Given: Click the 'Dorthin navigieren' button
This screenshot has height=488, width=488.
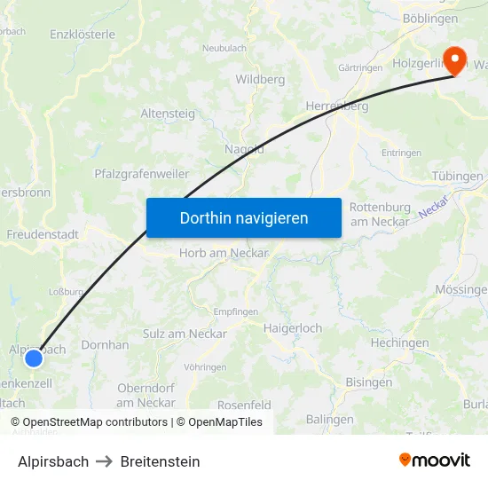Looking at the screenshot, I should tap(244, 217).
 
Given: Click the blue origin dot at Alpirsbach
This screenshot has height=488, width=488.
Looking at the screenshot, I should tap(33, 358).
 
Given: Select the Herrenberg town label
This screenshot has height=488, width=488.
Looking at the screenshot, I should tap(336, 106).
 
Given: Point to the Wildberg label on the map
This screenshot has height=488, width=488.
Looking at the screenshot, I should tap(260, 79).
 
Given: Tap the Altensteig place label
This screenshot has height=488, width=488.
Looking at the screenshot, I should tap(169, 114).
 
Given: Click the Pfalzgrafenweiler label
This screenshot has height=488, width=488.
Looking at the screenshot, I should tap(142, 174).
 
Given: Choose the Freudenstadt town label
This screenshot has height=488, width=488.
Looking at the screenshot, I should tap(43, 235).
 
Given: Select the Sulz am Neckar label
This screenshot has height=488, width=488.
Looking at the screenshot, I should tap(185, 334).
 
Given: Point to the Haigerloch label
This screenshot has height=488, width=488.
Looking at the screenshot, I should tap(293, 327).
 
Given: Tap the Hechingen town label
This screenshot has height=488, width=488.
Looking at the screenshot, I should tap(399, 343).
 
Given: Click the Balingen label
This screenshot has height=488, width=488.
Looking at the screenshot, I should tap(329, 419).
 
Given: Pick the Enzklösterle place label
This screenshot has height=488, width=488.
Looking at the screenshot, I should tap(83, 35).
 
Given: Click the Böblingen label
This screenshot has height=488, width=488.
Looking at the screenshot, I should tap(430, 18).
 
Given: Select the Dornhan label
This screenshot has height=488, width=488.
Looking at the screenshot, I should tap(105, 344).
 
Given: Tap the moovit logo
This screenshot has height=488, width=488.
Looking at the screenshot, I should tap(434, 460).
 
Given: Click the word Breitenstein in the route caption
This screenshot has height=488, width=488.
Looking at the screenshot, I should tap(160, 461).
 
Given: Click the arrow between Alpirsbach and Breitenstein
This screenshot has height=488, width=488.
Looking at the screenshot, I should tap(105, 461).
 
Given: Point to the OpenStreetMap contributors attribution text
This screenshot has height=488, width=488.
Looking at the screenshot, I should tap(95, 422).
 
